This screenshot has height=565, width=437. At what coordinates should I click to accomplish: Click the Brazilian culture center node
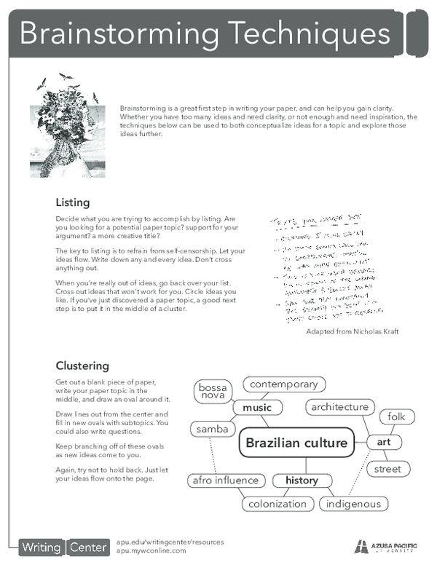[297, 443]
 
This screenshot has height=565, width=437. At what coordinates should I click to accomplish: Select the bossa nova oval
[213, 392]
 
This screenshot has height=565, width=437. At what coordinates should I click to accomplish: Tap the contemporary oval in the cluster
[283, 384]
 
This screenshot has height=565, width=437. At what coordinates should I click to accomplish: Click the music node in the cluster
[257, 408]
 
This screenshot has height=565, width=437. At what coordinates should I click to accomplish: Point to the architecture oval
[340, 407]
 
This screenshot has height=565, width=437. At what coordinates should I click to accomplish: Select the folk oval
[396, 417]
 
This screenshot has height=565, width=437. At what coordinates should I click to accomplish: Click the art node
[384, 442]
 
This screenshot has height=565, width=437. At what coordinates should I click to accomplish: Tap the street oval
[387, 469]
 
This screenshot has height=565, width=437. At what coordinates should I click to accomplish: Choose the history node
[302, 481]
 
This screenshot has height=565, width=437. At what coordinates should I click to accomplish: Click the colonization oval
[277, 504]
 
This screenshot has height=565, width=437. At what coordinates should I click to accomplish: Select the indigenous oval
[353, 504]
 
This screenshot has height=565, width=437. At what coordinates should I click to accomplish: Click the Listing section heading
[73, 202]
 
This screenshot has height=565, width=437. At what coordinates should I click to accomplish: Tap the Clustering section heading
[82, 366]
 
